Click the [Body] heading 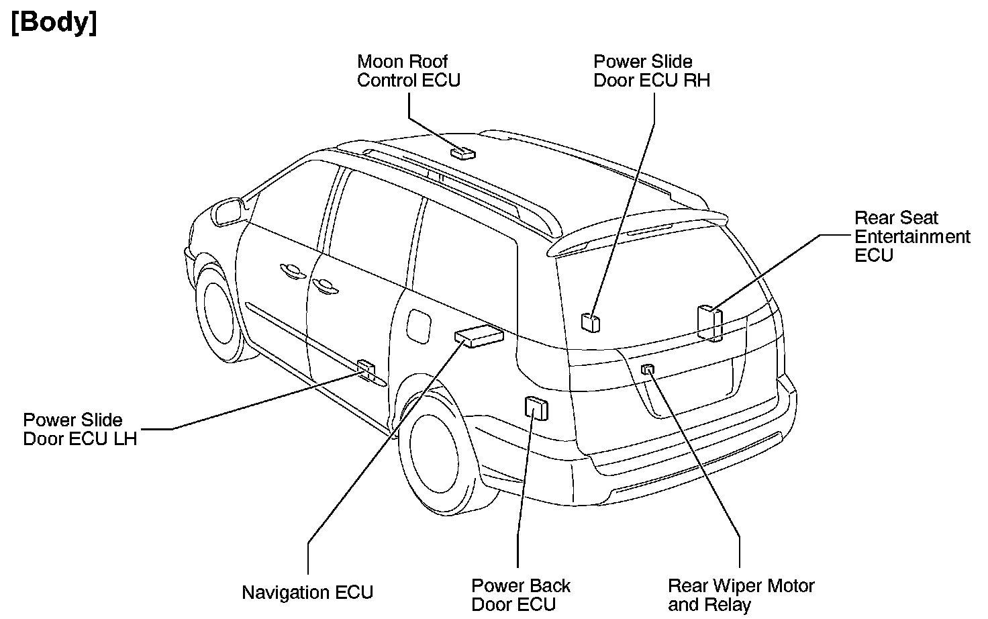pyautogui.click(x=54, y=23)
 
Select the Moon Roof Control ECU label pyautogui.click(x=408, y=70)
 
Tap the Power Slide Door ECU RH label pyautogui.click(x=651, y=70)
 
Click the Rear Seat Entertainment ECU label pyautogui.click(x=911, y=236)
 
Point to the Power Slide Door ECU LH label pyautogui.click(x=80, y=429)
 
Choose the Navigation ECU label pyautogui.click(x=307, y=592)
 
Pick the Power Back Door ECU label pyautogui.click(x=520, y=594)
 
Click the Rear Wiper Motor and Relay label pyautogui.click(x=740, y=595)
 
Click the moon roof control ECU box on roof pyautogui.click(x=462, y=152)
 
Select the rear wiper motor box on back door pyautogui.click(x=648, y=369)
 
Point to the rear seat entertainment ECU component pyautogui.click(x=709, y=322)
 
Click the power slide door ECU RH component pyautogui.click(x=591, y=322)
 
